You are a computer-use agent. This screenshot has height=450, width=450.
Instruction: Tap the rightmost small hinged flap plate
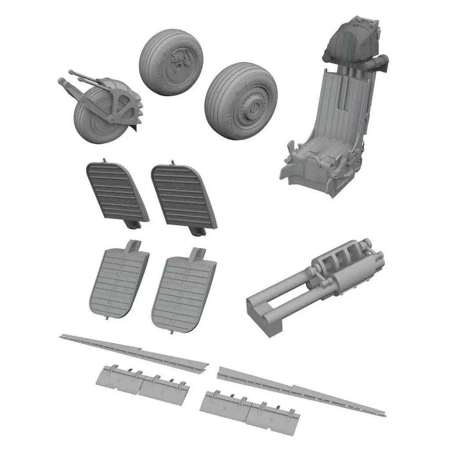(272, 415)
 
